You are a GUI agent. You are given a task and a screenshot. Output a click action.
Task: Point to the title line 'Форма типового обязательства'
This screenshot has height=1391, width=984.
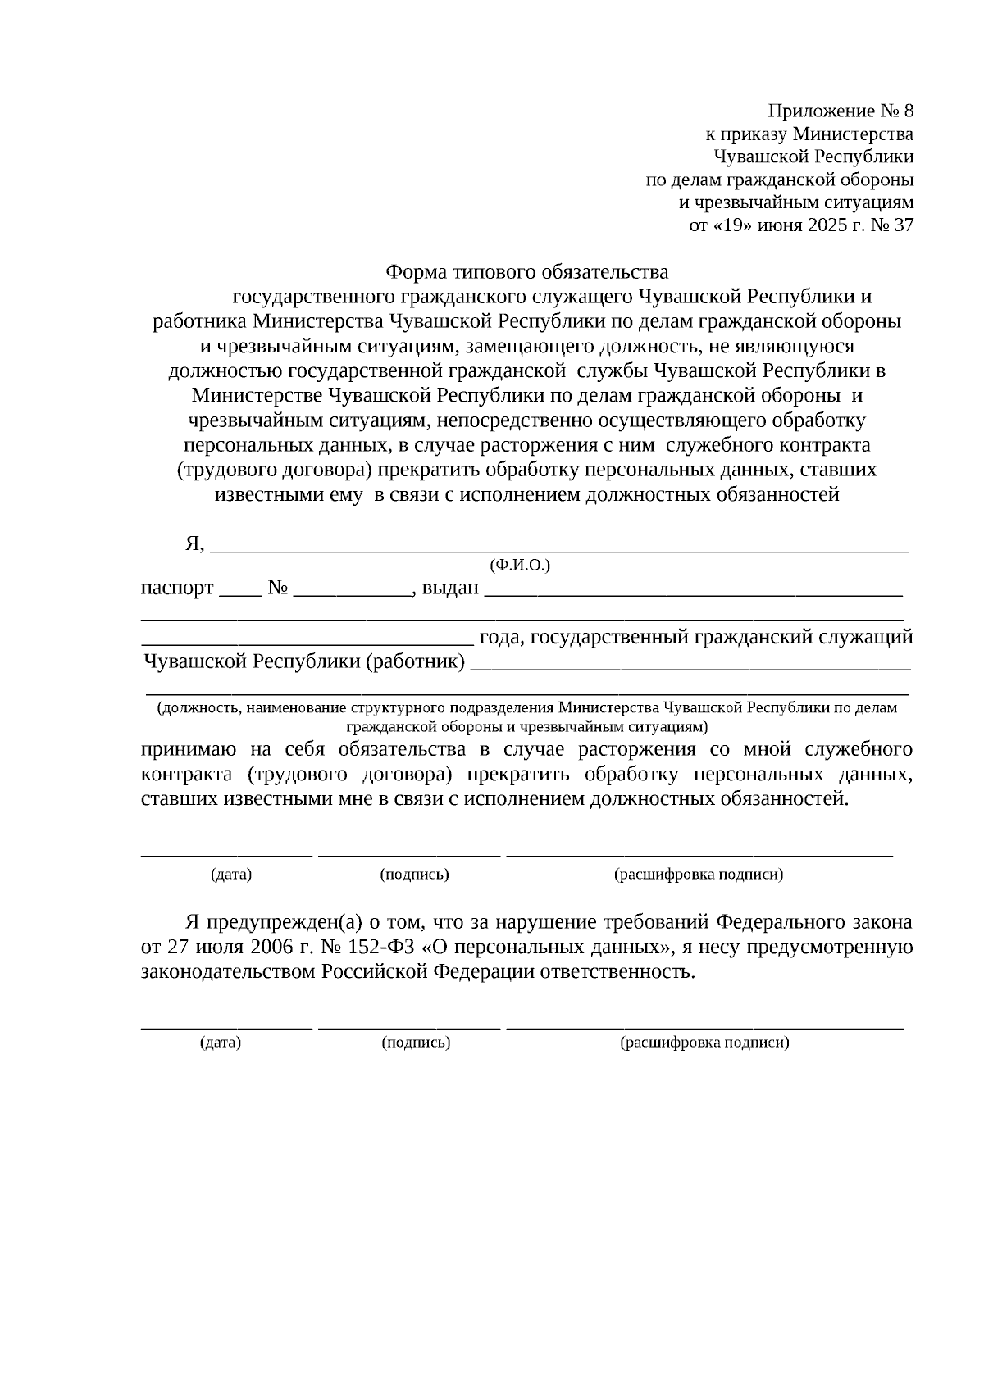[x=526, y=271]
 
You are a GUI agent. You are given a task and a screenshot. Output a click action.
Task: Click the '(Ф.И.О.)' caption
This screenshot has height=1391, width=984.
[x=520, y=566]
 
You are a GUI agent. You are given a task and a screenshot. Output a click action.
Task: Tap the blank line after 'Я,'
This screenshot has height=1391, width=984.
[x=559, y=548]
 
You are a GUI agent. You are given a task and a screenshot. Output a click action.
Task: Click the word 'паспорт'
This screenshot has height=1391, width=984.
[x=177, y=589]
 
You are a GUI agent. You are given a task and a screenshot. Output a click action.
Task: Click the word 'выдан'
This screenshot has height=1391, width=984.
[x=450, y=589]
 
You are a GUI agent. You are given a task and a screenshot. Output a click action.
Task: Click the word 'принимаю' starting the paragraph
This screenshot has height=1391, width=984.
[x=189, y=750]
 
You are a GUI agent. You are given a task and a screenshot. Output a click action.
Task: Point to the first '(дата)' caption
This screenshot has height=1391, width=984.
[x=231, y=875]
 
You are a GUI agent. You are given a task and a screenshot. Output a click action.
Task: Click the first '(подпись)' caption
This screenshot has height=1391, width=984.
[x=414, y=875]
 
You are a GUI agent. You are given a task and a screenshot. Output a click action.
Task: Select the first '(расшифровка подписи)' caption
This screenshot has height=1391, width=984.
[x=699, y=875]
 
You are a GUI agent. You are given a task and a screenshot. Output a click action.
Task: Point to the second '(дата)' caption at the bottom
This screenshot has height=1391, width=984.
[x=221, y=1043]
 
